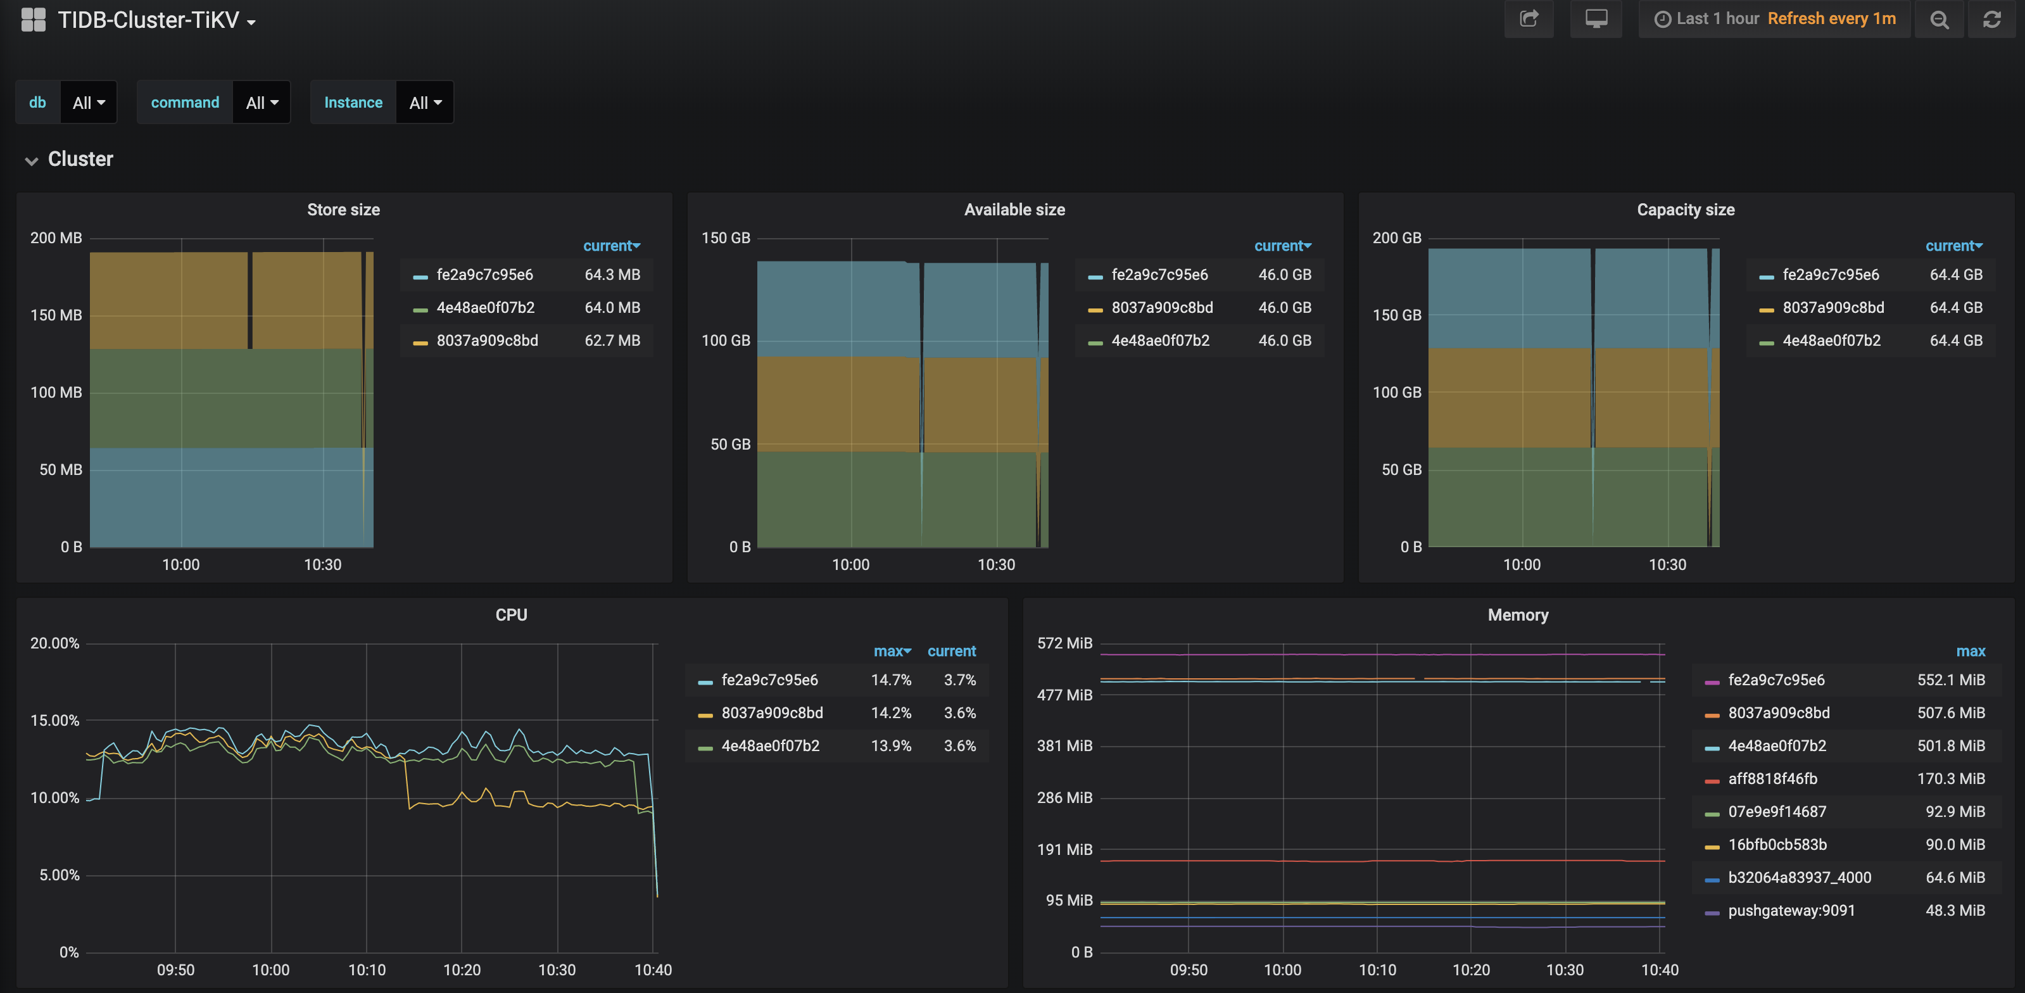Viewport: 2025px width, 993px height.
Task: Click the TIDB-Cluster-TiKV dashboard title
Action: tap(149, 20)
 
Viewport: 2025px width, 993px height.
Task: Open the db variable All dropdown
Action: tap(88, 102)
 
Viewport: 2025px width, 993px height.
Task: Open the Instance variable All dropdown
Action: tap(424, 102)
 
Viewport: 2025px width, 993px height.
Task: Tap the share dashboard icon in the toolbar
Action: tap(1528, 19)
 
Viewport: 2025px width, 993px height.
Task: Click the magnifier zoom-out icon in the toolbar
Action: tap(1938, 20)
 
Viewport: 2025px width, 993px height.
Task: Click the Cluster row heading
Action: tap(80, 159)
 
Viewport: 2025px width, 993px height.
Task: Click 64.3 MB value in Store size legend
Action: tap(612, 274)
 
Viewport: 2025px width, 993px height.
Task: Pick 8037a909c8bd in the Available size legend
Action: tap(1161, 307)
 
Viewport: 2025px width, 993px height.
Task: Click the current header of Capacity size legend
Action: tap(1953, 245)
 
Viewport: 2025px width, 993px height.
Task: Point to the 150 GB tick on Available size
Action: tap(725, 237)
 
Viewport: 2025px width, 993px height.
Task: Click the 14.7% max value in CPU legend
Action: tap(891, 680)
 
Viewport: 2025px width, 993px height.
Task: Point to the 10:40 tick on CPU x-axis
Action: tap(652, 970)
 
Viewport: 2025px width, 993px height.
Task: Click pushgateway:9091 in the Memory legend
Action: tap(1791, 911)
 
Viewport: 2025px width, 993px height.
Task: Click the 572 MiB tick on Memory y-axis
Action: tap(1064, 643)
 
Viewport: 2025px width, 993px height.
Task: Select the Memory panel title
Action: tap(1517, 615)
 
